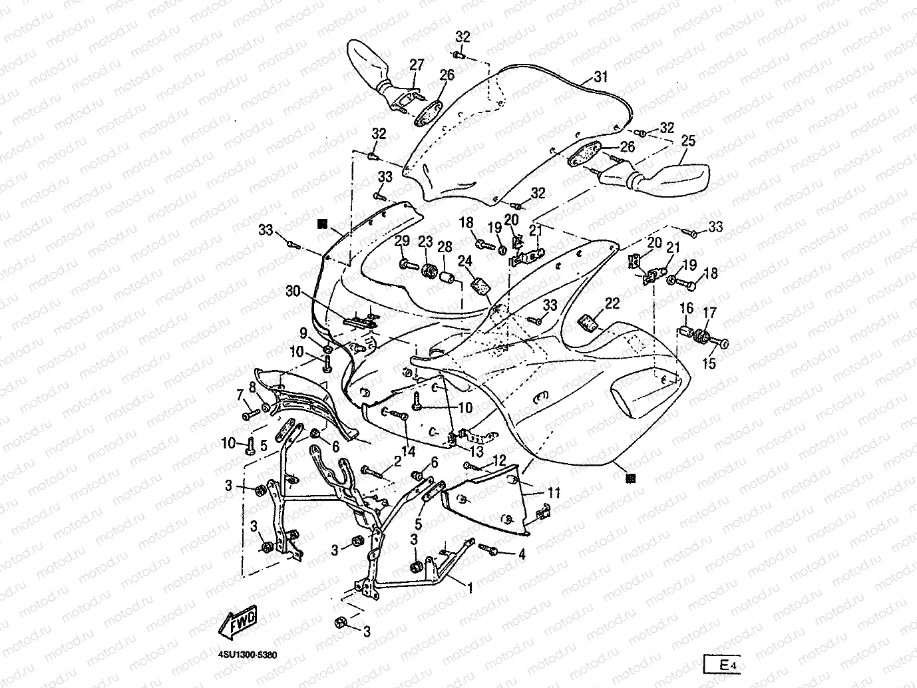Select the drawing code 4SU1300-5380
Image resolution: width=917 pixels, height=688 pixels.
click(248, 655)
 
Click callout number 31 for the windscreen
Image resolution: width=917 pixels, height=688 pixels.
click(600, 77)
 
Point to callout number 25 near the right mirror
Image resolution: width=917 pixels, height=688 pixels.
click(688, 141)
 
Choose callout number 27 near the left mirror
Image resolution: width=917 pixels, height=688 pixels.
click(417, 65)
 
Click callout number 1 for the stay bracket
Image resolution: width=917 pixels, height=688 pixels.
click(470, 588)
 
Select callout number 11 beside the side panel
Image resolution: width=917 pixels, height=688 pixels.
click(554, 493)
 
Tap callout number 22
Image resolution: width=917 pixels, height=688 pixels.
click(612, 303)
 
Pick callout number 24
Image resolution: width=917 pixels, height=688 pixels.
click(465, 261)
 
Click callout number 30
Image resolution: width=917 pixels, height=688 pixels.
click(293, 291)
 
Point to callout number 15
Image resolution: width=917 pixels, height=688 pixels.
click(709, 363)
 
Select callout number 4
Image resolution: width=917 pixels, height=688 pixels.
click(522, 554)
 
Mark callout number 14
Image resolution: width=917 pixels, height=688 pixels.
click(409, 451)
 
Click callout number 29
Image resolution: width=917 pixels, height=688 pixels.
click(402, 241)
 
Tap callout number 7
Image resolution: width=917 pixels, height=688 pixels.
click(240, 395)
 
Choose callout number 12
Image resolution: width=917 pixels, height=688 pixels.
click(499, 460)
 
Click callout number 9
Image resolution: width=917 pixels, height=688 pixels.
click(303, 333)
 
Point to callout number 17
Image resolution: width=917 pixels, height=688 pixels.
click(710, 313)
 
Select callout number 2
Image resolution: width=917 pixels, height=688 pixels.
click(397, 461)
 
